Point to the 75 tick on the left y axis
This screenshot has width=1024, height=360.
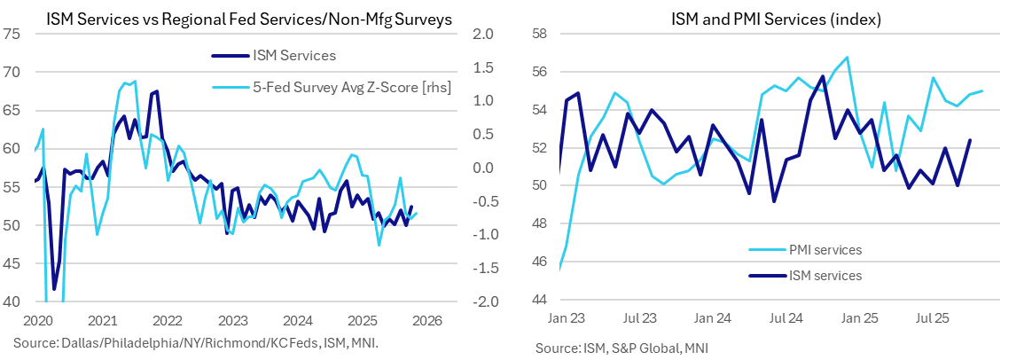coord(13,35)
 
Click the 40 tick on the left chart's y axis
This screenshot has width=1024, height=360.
coord(13,302)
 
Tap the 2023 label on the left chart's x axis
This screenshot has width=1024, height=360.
coord(233,320)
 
